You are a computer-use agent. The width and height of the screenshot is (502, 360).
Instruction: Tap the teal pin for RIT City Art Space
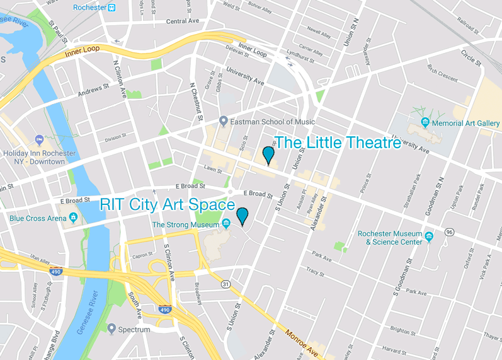coord(242,216)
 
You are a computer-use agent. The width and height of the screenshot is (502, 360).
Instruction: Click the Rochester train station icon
coord(111,8)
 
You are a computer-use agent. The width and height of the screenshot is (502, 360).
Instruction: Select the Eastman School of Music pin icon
coord(223,121)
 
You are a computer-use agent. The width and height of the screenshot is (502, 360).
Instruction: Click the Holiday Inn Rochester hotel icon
coord(39,139)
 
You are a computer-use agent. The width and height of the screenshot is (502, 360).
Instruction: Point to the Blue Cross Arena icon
coord(74,219)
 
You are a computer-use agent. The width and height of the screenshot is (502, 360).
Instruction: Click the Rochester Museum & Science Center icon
coord(429,237)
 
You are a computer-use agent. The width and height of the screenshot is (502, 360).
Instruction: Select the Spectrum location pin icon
coord(111,328)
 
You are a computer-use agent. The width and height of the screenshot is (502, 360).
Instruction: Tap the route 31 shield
coord(225,284)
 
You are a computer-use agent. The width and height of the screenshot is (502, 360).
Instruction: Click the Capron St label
coord(144,255)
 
